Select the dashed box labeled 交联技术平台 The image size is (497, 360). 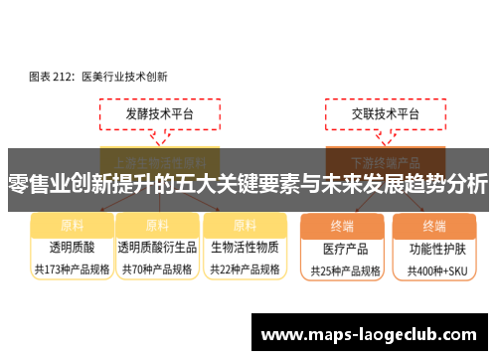374,113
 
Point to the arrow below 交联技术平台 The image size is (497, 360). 374,139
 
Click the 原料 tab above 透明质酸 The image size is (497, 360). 72,225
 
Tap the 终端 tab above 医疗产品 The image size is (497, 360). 343,226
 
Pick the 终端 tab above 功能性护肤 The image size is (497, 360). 434,226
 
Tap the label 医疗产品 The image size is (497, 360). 344,248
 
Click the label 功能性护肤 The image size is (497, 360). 434,248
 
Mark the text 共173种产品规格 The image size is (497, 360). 72,269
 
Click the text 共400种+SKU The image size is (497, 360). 434,270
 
